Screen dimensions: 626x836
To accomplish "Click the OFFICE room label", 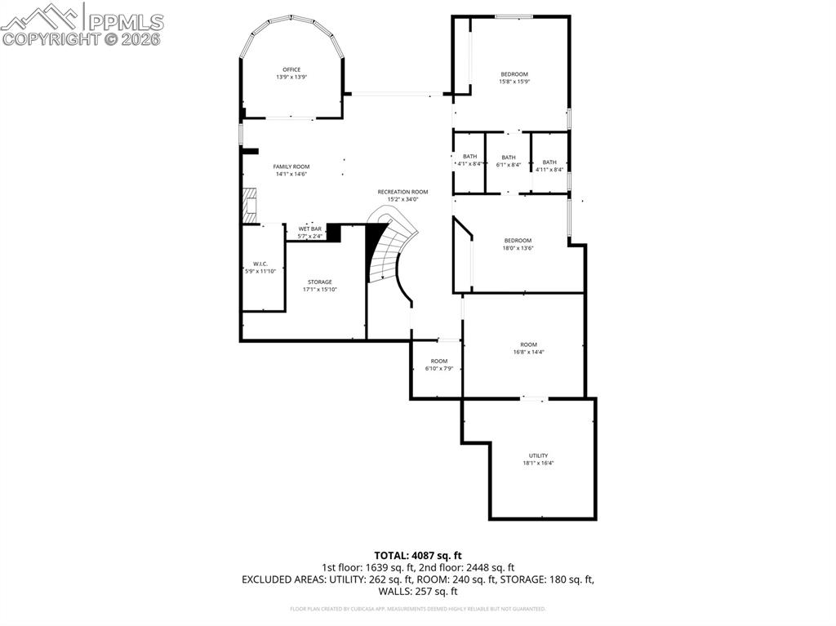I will pos(291,69).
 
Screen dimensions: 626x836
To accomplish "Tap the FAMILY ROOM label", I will pos(291,166).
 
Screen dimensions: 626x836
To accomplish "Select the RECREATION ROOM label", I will pos(402,192).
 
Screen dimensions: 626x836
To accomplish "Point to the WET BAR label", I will pos(309,229).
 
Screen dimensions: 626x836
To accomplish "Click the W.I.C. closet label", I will pos(260,264).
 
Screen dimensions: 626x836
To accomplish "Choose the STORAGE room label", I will pos(320,282).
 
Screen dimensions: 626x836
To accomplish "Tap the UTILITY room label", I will pos(538,455).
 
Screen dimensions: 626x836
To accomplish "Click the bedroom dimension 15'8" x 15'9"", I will pos(514,82).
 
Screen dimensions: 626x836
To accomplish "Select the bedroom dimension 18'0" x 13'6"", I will pos(518,247).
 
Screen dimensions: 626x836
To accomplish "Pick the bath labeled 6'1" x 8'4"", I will pos(509,161).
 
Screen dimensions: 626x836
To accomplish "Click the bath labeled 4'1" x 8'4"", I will pos(469,161).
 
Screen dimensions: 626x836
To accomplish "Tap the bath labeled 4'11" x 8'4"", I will pos(549,166).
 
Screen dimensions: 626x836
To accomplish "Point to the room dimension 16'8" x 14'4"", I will pos(529,352).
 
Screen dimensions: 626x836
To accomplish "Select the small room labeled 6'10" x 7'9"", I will pos(439,365).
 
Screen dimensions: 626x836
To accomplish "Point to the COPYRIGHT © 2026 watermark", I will pos(82,38).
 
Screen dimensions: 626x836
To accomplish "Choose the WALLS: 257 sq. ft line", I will pos(418,592).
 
